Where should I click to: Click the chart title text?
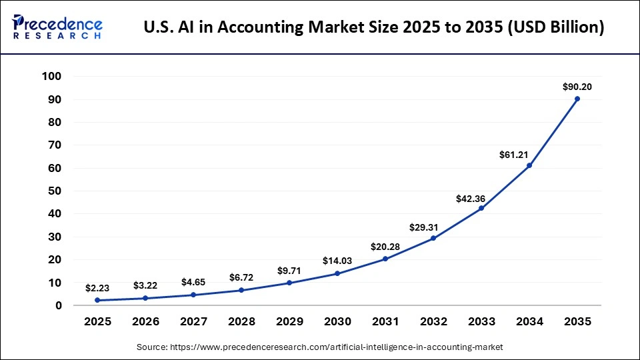[x=375, y=28]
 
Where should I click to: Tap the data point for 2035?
[x=577, y=99]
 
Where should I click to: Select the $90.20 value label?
[x=577, y=87]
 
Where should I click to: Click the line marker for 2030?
[x=337, y=273]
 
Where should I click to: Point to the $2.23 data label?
[x=97, y=288]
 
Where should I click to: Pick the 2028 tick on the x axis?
[x=241, y=321]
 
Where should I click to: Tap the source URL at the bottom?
[x=319, y=347]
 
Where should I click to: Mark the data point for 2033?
[x=481, y=209]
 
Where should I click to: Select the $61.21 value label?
[x=513, y=155]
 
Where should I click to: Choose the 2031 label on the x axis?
[x=385, y=321]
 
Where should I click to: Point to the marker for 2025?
[x=97, y=300]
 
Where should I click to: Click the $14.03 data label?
[x=337, y=261]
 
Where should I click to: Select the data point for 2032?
[x=433, y=238]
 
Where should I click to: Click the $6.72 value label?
[x=241, y=277]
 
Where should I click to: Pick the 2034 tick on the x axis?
[x=529, y=321]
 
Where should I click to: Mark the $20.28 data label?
[x=385, y=247]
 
